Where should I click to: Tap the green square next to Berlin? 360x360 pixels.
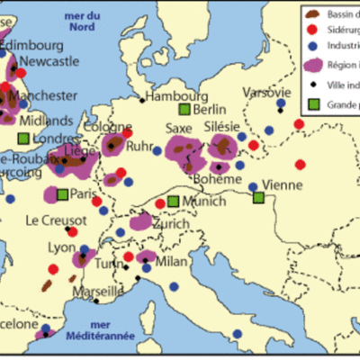[x=184, y=110]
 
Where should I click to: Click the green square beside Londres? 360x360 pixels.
[x=22, y=139]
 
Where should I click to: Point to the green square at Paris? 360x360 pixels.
[x=61, y=193]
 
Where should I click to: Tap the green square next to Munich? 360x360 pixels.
[x=173, y=202]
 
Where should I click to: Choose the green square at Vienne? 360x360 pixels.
[x=258, y=197]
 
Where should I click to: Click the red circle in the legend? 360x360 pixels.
[x=312, y=31]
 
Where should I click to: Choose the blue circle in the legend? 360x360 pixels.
[x=312, y=47]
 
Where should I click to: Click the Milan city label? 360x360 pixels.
[x=171, y=262]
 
